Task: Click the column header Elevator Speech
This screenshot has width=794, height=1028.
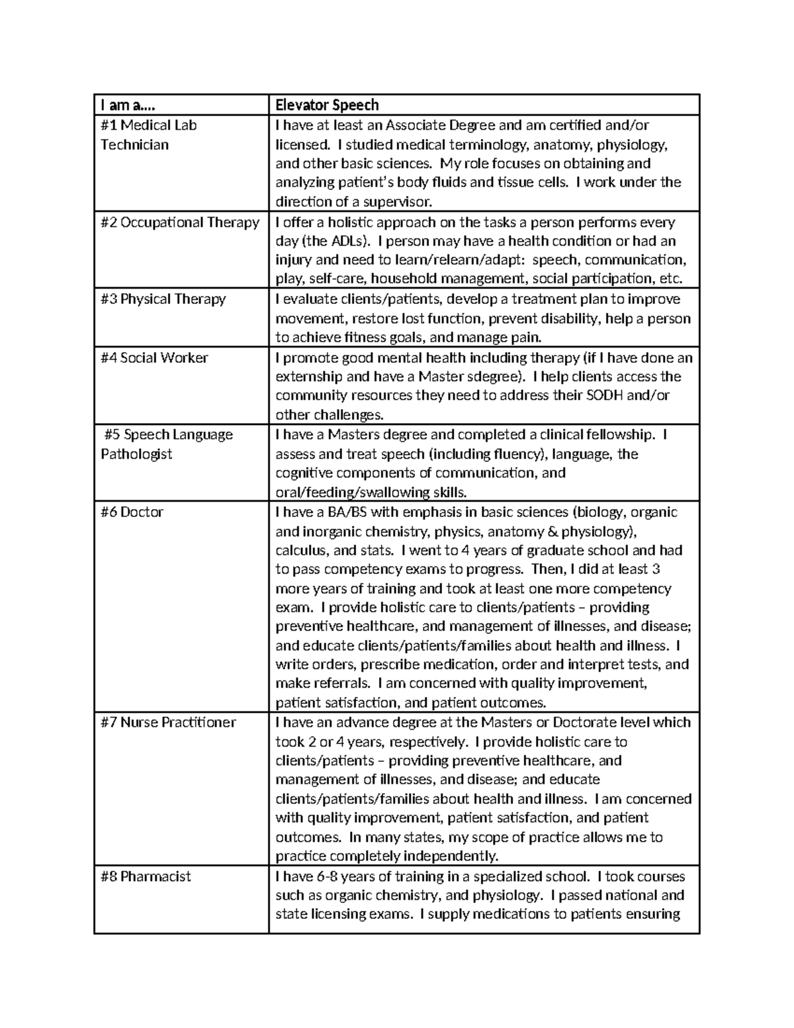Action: (x=327, y=105)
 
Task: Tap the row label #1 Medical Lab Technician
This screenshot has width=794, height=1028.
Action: (x=148, y=134)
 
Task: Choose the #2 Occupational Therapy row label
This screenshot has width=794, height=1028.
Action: (x=179, y=222)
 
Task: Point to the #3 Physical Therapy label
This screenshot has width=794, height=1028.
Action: (x=163, y=299)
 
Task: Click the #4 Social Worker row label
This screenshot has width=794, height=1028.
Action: (x=154, y=358)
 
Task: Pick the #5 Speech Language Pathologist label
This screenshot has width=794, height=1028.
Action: (x=167, y=444)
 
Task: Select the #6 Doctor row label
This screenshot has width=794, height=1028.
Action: (x=132, y=512)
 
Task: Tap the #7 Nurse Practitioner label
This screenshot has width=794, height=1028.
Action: (x=168, y=723)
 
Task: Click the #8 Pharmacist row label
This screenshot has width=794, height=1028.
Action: (x=146, y=877)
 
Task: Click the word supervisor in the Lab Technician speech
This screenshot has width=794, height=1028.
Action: (x=399, y=202)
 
